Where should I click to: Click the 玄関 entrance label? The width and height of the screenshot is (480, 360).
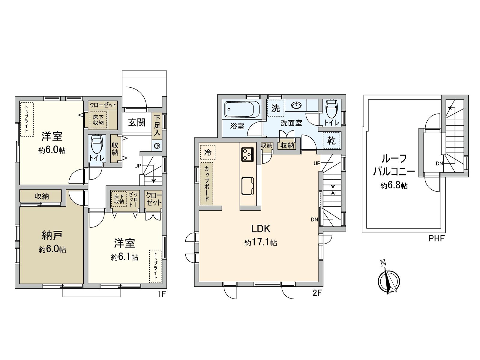pyautogui.click(x=137, y=122)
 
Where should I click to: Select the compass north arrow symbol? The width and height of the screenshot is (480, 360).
pyautogui.click(x=388, y=279)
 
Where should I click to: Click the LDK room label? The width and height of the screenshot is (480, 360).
pyautogui.click(x=260, y=229)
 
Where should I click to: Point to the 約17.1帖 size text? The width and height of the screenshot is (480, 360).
pyautogui.click(x=260, y=242)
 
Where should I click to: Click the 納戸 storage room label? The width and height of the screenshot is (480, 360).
pyautogui.click(x=52, y=235)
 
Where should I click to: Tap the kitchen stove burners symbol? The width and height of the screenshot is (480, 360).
pyautogui.click(x=248, y=154)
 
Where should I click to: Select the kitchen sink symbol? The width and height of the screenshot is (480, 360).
pyautogui.click(x=248, y=186)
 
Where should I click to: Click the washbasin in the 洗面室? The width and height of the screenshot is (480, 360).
pyautogui.click(x=296, y=105)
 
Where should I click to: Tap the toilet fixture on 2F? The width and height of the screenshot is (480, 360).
pyautogui.click(x=331, y=109)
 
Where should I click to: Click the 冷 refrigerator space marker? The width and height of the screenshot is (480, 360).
pyautogui.click(x=207, y=152)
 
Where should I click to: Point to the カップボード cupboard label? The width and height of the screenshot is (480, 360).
pyautogui.click(x=207, y=184)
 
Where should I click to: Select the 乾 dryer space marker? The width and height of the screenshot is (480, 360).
pyautogui.click(x=331, y=140)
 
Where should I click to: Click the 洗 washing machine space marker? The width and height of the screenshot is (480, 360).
pyautogui.click(x=275, y=108)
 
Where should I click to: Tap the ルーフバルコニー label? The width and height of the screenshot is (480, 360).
pyautogui.click(x=394, y=165)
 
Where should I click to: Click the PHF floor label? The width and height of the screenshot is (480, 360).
pyautogui.click(x=436, y=239)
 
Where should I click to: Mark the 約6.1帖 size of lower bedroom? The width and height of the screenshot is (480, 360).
pyautogui.click(x=124, y=257)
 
